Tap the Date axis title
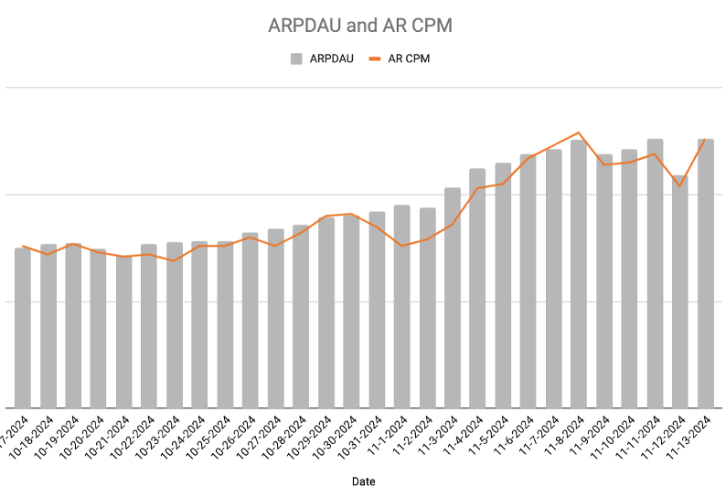[x=363, y=481]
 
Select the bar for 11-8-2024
[x=579, y=274]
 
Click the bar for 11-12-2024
[x=679, y=292]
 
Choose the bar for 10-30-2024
[x=351, y=312]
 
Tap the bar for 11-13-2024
[x=705, y=274]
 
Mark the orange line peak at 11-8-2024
[x=579, y=132]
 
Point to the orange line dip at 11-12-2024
[x=679, y=186]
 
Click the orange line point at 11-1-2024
[x=401, y=246]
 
